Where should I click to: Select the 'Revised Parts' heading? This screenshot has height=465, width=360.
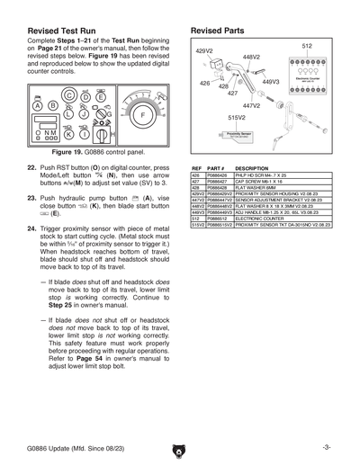tap(220, 31)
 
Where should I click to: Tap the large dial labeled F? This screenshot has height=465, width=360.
tap(141, 115)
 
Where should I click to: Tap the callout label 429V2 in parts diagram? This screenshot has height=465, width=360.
tap(206, 52)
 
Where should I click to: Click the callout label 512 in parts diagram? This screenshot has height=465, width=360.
tap(307, 46)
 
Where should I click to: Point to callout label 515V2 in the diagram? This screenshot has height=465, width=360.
tap(237, 117)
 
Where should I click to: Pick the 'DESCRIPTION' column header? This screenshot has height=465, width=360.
tap(253, 168)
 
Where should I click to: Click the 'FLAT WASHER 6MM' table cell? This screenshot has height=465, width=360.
tap(257, 187)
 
